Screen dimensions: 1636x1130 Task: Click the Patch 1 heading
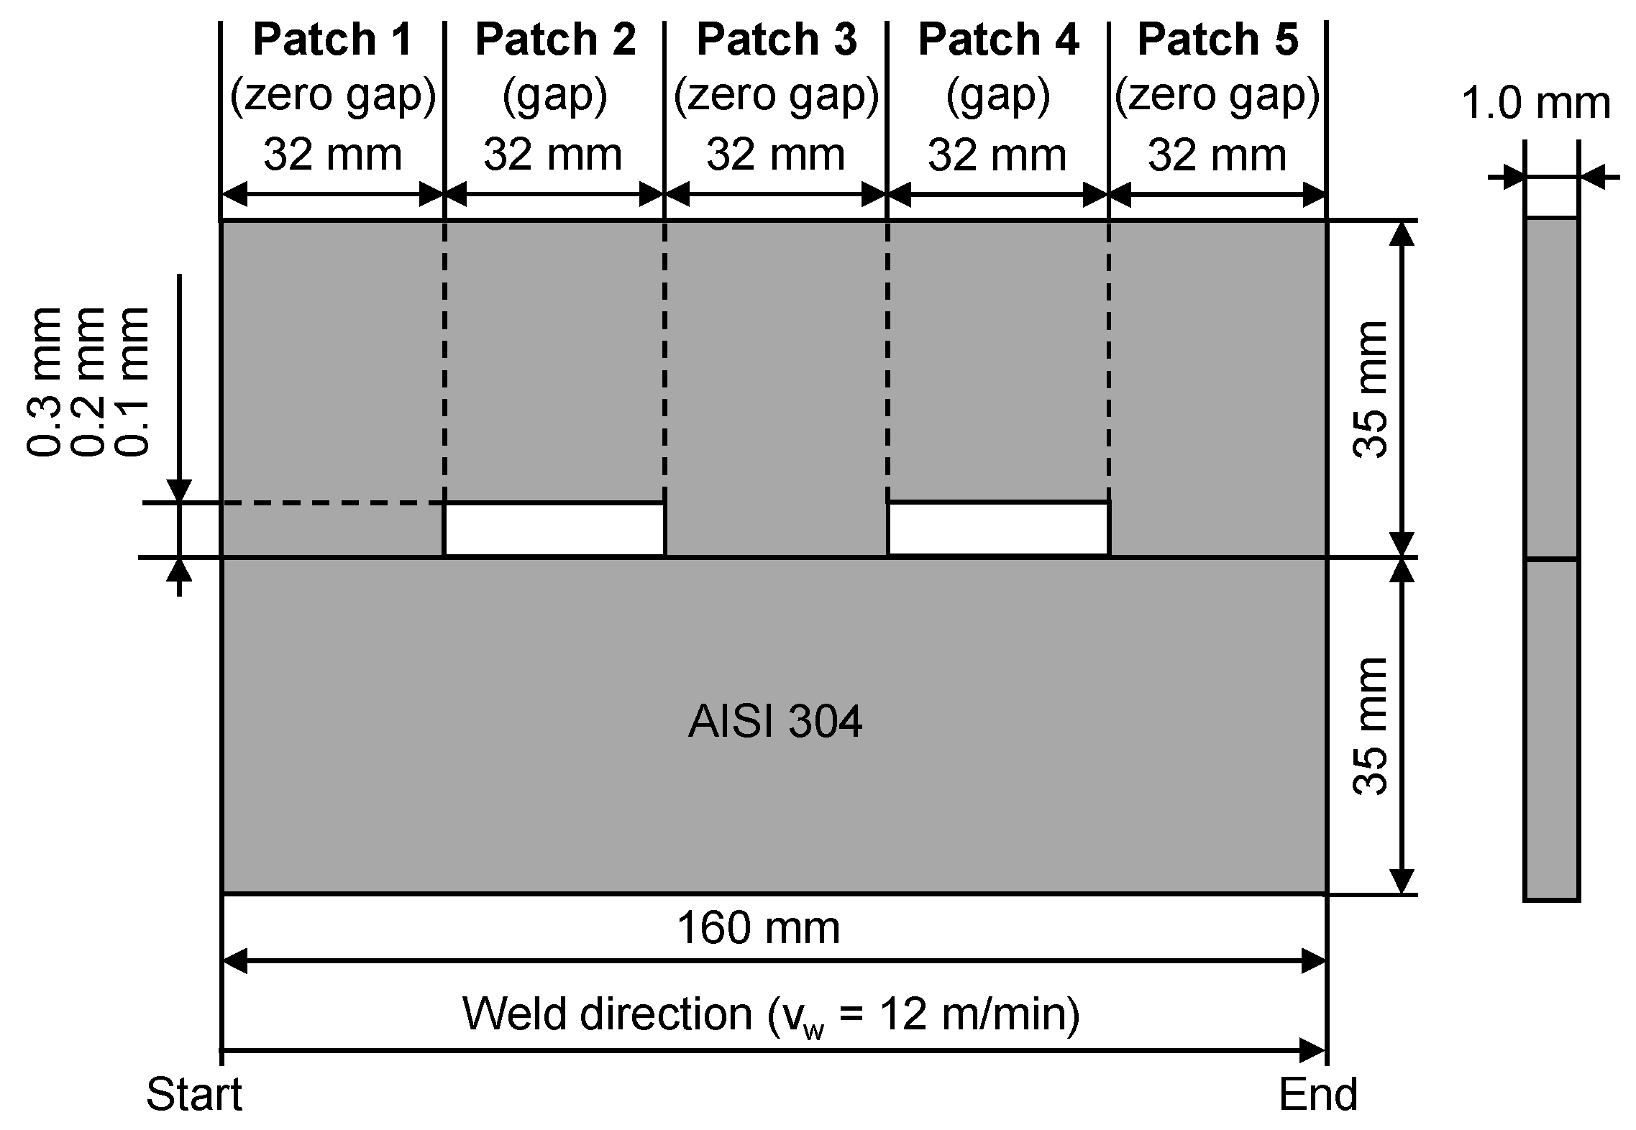332,40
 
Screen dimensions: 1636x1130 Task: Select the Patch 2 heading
555,40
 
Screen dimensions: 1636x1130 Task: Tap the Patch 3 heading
777,40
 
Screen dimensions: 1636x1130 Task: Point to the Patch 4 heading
998,40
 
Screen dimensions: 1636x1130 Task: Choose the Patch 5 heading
1217,40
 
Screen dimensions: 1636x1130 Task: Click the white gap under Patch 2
554,530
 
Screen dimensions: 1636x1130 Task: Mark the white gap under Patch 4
999,530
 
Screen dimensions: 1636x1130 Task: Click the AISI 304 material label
774,722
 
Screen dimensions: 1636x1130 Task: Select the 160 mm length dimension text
758,928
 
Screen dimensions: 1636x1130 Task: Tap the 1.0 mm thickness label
1536,104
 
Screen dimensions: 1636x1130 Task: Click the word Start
194,1095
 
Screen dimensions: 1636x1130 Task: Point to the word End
1317,1095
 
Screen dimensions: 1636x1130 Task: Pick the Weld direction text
770,1014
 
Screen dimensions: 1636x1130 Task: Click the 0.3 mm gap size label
43,382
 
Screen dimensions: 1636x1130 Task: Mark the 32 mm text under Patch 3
775,155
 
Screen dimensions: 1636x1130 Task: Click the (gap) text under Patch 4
998,97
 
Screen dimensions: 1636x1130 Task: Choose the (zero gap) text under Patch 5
1217,97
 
